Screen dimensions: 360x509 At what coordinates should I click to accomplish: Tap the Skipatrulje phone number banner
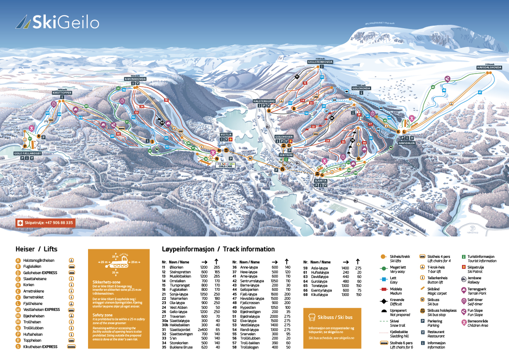pyautogui.click(x=45, y=223)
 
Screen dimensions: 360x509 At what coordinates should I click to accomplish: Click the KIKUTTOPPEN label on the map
pyautogui.click(x=62, y=92)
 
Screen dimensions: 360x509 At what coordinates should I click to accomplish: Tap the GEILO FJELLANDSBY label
pyautogui.click(x=27, y=153)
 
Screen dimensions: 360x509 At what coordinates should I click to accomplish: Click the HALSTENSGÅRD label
pyautogui.click(x=264, y=100)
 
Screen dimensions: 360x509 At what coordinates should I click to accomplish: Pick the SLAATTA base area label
pyautogui.click(x=321, y=181)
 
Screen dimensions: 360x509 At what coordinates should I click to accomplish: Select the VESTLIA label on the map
pyautogui.click(x=226, y=134)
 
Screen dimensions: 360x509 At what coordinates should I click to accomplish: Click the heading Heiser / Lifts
pyautogui.click(x=36, y=249)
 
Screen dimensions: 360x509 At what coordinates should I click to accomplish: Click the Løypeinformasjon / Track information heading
pyautogui.click(x=218, y=249)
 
